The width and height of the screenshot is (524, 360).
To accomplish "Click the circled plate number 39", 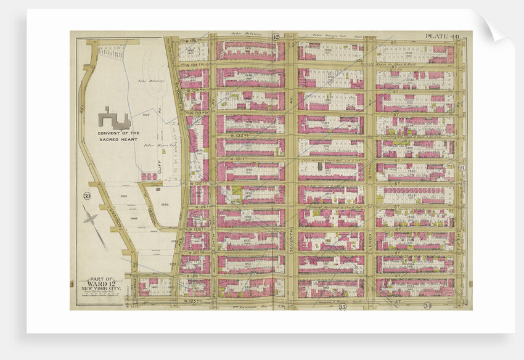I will click(x=85, y=197).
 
